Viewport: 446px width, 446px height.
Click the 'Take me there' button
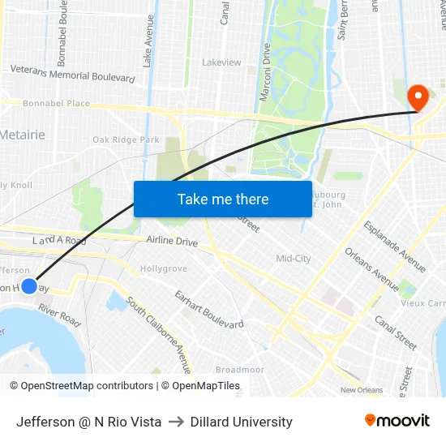pyautogui.click(x=223, y=199)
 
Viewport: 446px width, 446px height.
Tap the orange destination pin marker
pyautogui.click(x=418, y=97)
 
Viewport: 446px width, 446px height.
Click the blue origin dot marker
pyautogui.click(x=29, y=285)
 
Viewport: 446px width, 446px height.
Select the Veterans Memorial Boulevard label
pyautogui.click(x=72, y=73)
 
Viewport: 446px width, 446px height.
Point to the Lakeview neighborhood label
pyautogui.click(x=221, y=62)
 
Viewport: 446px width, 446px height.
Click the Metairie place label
pyautogui.click(x=23, y=134)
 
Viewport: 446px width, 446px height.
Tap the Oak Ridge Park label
pyautogui.click(x=126, y=139)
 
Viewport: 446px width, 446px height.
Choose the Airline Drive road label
pyautogui.click(x=172, y=241)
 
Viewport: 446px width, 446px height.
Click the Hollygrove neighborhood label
pyautogui.click(x=163, y=268)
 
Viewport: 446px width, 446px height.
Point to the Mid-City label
pyautogui.click(x=294, y=259)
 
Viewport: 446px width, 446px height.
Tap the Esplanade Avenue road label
pyautogui.click(x=394, y=246)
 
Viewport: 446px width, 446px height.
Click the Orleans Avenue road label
pyautogui.click(x=373, y=269)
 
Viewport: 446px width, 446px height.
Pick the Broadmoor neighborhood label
pyautogui.click(x=240, y=370)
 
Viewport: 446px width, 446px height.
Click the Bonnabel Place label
pyautogui.click(x=45, y=104)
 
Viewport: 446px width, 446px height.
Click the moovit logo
pyautogui.click(x=397, y=421)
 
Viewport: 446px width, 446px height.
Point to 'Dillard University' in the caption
pyautogui.click(x=241, y=422)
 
